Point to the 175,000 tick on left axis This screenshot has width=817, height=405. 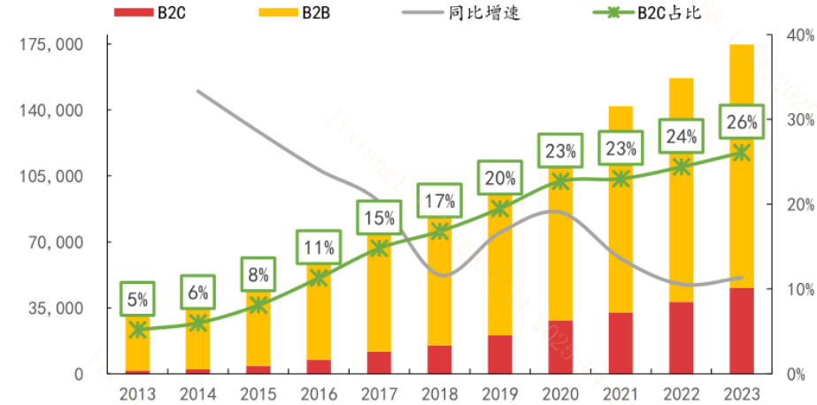click(50, 44)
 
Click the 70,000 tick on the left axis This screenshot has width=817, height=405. click(55, 242)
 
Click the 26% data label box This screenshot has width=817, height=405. click(741, 121)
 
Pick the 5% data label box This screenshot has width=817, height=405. click(137, 299)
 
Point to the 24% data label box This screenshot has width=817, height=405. click(681, 136)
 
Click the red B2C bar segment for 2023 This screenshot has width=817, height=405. click(741, 331)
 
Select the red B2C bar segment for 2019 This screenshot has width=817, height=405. click(500, 355)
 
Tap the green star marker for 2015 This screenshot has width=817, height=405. click(258, 305)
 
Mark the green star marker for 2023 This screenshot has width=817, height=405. click(741, 153)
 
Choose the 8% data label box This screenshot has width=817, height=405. click(258, 274)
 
